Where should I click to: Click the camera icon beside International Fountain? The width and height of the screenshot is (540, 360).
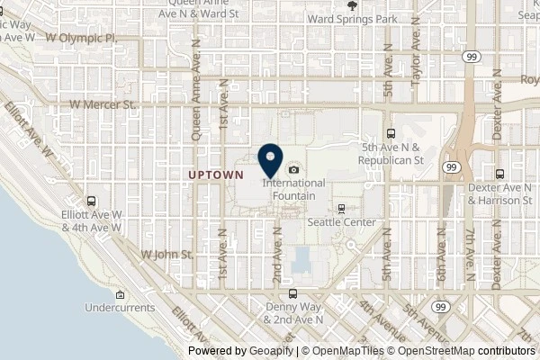(x=293, y=169)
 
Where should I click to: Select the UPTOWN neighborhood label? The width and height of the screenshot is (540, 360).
(x=216, y=173)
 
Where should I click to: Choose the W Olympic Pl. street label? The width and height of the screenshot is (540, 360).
(x=93, y=40)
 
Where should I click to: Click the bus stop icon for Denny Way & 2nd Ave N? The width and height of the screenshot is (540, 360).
(x=291, y=293)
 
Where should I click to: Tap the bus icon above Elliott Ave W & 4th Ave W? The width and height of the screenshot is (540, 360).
(x=91, y=201)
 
